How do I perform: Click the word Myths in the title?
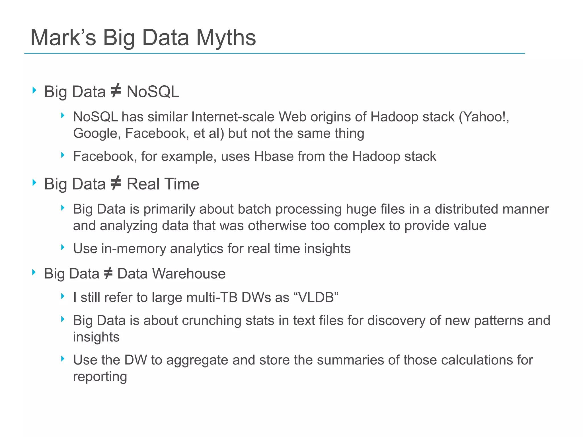tap(226, 38)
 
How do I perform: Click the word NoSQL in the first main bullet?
tap(153, 92)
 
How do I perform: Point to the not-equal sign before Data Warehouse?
tap(108, 273)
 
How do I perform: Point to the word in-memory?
tap(134, 248)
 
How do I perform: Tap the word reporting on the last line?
tap(100, 377)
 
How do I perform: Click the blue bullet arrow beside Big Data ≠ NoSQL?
tap(34, 90)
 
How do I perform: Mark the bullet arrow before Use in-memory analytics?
tap(63, 247)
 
